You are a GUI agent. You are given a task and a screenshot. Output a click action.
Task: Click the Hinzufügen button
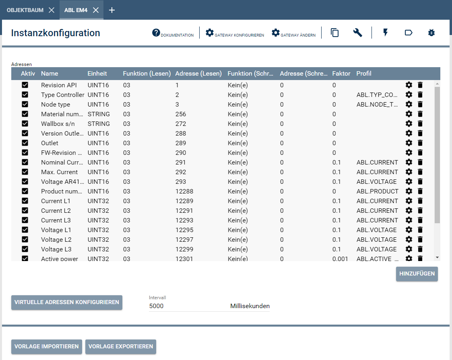tap(417, 274)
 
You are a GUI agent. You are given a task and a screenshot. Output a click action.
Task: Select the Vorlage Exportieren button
tap(120, 347)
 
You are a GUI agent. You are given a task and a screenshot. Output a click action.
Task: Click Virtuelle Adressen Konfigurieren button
tap(66, 302)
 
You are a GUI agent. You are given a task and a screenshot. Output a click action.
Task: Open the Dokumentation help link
tap(173, 33)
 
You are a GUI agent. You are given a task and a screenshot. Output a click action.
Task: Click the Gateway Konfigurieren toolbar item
tap(235, 33)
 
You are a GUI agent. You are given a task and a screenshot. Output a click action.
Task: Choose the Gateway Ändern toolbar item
tap(293, 33)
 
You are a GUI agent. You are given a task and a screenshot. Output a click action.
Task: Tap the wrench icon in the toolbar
tap(357, 33)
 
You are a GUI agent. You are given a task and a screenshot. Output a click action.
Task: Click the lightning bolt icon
tap(385, 33)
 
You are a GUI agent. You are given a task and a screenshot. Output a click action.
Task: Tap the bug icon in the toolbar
tap(431, 33)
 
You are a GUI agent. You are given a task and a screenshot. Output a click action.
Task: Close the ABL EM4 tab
tap(96, 10)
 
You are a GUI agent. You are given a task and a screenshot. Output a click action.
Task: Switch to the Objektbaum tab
tap(25, 10)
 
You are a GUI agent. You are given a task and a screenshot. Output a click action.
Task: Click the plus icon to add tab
tap(112, 10)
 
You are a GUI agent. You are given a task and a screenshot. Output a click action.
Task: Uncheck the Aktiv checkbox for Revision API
tap(25, 85)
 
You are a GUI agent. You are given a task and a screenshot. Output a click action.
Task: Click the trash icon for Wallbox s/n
tap(420, 124)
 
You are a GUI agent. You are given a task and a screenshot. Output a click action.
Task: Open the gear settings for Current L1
tap(409, 201)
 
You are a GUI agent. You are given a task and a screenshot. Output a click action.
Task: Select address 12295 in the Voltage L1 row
tap(184, 230)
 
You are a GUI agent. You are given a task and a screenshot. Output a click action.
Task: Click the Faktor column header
tap(341, 74)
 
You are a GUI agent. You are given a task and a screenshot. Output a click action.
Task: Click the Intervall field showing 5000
tap(185, 306)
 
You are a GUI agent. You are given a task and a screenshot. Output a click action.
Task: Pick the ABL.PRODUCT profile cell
tap(377, 191)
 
